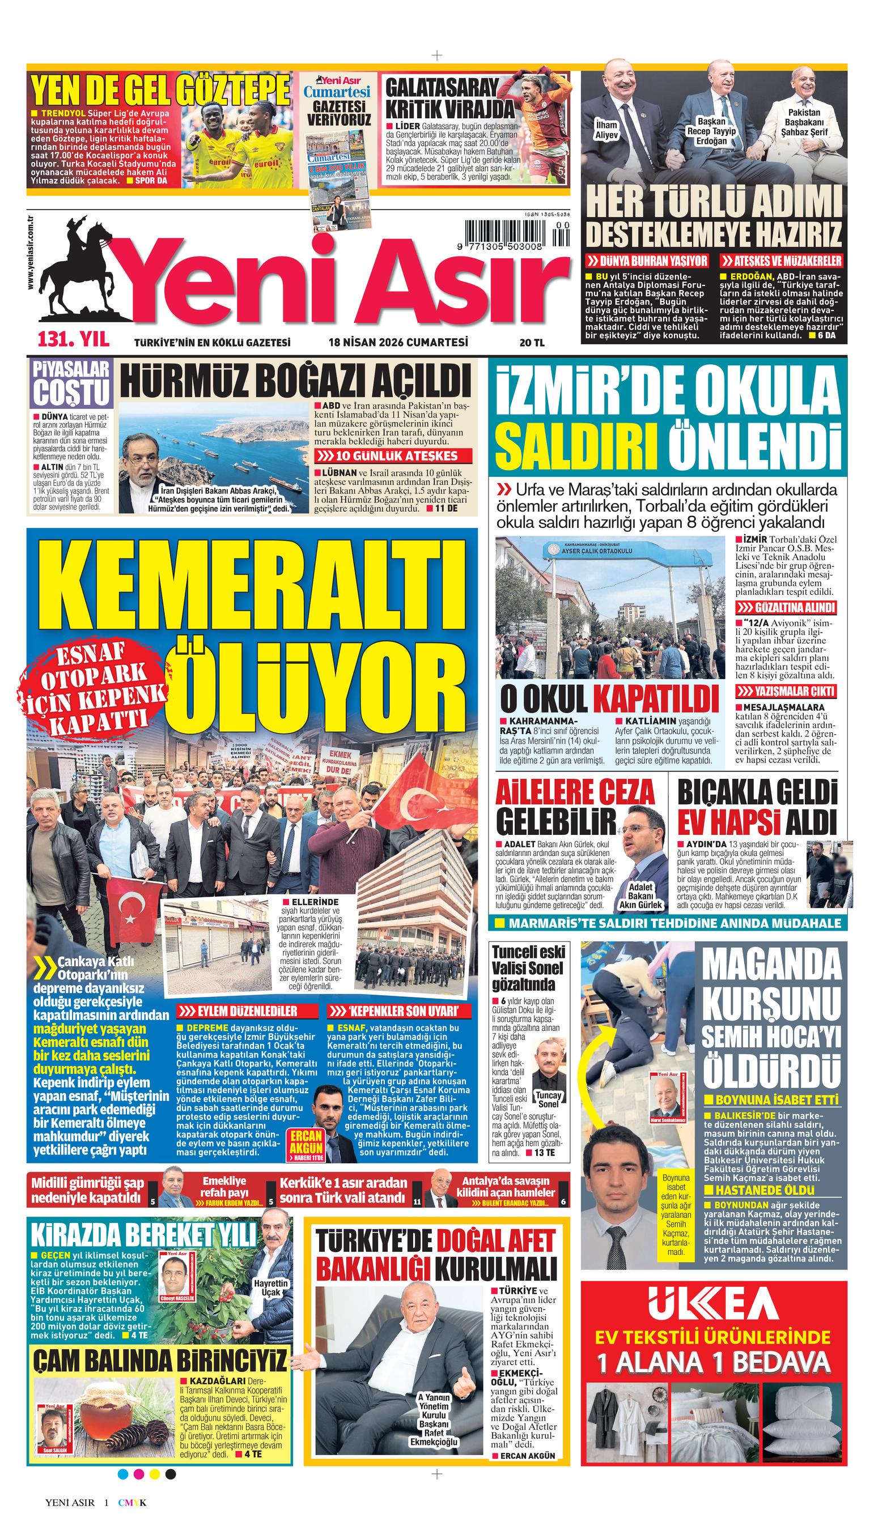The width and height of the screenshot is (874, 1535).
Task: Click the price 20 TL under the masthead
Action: tap(532, 343)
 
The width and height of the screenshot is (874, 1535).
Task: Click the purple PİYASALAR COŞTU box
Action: tap(70, 385)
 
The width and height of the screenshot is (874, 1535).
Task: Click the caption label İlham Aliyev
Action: tap(606, 130)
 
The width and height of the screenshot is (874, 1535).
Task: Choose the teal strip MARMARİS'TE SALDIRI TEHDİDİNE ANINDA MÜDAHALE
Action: tap(669, 923)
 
